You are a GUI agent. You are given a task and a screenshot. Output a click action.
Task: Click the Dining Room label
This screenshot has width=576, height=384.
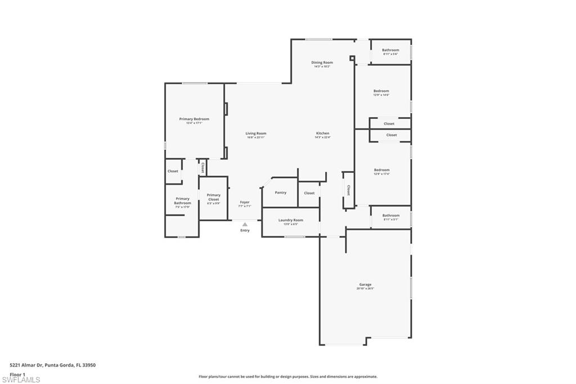[x=322, y=62]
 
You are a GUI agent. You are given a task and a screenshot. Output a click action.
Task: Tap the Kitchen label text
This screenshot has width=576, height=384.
[x=322, y=133]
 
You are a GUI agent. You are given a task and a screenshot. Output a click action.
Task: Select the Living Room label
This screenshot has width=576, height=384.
[x=255, y=133]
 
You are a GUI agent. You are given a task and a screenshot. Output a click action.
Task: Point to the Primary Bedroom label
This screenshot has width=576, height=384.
[x=194, y=119]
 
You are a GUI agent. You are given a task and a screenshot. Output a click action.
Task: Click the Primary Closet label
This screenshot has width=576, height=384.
[x=213, y=197]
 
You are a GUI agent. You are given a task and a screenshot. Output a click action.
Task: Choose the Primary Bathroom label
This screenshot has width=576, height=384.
[x=182, y=200]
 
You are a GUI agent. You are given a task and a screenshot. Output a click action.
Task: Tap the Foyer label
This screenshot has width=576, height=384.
[x=245, y=202]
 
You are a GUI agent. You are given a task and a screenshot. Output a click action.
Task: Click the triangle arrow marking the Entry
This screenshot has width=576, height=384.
[x=245, y=224]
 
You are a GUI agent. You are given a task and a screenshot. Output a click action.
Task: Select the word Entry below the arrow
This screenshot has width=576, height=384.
[x=245, y=230]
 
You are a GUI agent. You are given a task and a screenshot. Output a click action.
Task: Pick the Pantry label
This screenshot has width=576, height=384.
[x=280, y=193]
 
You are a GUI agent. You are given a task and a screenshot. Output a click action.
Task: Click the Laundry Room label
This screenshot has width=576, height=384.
[x=291, y=220]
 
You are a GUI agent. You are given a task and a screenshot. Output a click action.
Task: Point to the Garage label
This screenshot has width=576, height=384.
[x=365, y=284]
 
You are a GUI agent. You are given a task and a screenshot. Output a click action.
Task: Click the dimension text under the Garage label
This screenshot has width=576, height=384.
[x=365, y=288]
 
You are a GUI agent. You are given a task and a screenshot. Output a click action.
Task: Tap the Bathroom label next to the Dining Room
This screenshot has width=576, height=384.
[x=390, y=50]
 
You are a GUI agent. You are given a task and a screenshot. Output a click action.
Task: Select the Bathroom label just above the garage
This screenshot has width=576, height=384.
[x=390, y=215]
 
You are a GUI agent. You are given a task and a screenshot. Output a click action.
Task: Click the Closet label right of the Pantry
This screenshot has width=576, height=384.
[x=309, y=193]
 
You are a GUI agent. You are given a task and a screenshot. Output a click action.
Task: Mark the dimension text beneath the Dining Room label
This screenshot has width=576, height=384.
[x=322, y=66]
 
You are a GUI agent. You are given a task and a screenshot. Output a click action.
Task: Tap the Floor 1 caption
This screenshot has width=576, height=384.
[x=17, y=374]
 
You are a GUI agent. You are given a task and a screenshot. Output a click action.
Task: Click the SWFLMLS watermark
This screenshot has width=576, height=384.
[x=21, y=380]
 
